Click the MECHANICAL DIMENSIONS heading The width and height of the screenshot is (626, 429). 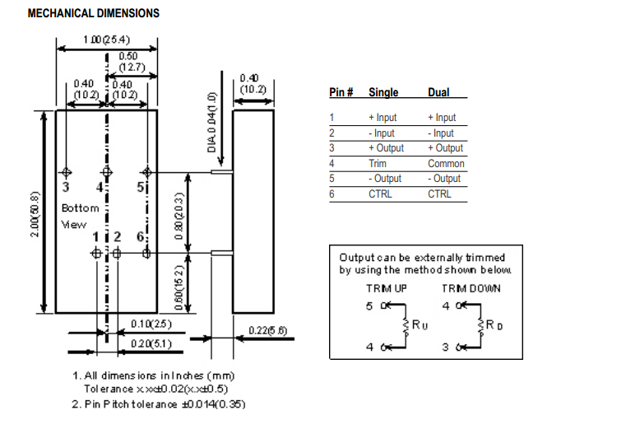pos(94,14)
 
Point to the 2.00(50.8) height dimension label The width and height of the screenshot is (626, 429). pos(35,213)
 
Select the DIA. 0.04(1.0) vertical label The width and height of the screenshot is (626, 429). pos(211,123)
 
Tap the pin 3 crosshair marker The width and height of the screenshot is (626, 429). pos(67,172)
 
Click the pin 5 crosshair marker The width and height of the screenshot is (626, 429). pos(147,172)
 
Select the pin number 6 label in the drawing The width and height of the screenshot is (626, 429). pos(141,237)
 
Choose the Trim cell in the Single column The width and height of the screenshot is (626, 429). pos(377,163)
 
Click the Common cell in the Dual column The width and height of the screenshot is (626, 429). pos(446,163)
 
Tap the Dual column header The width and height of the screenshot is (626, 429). pos(438,93)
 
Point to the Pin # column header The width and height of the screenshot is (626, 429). pos(341,93)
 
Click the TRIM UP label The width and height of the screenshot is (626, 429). pos(385,288)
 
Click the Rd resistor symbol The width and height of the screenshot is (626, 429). pos(485,325)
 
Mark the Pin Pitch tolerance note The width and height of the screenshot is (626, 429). pos(158,403)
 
